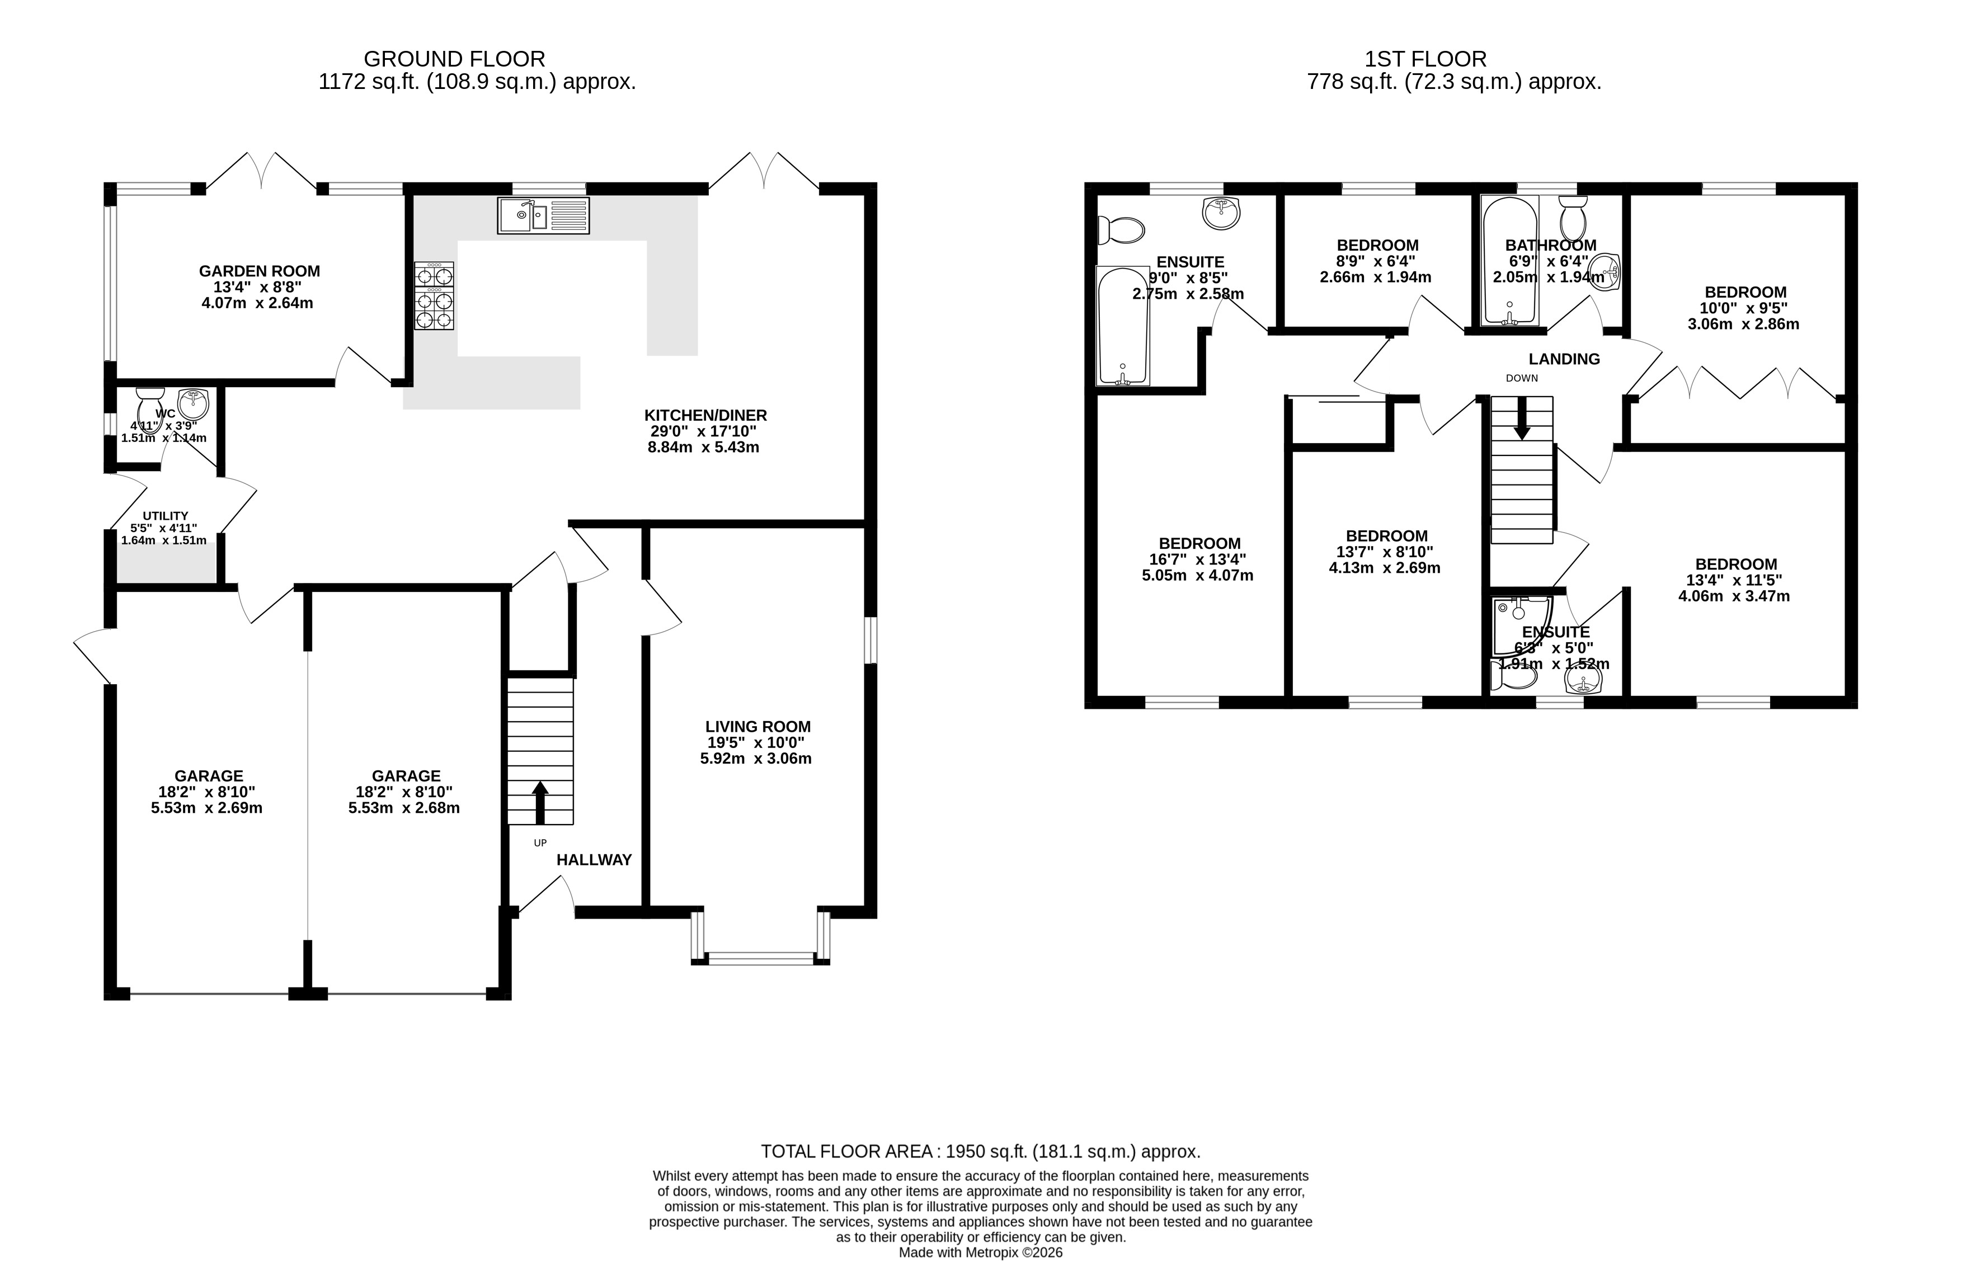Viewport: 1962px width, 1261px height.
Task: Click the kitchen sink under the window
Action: pos(543,215)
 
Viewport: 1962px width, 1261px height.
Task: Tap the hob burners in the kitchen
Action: pos(434,295)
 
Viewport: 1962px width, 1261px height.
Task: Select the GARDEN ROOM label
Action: pos(260,271)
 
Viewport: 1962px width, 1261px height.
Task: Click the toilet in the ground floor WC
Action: pos(150,406)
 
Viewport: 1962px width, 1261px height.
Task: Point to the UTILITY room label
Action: pos(166,516)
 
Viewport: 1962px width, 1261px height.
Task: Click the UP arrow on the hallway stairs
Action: pos(540,802)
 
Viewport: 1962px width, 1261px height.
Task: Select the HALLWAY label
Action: pos(594,860)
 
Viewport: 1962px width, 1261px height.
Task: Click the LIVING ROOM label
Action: pos(757,726)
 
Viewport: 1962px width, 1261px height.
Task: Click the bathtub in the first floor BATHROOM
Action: pos(1510,260)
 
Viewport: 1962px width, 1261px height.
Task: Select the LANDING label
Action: pos(1564,359)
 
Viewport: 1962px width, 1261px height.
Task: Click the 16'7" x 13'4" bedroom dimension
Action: pos(1197,559)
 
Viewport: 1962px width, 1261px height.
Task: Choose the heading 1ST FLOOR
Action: pos(1425,59)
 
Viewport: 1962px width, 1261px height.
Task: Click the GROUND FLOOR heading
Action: pos(454,59)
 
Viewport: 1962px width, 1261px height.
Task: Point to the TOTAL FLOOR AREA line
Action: pos(980,1151)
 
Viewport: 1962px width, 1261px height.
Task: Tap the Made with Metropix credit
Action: pos(980,1252)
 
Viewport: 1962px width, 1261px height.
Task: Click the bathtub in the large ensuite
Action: pos(1123,325)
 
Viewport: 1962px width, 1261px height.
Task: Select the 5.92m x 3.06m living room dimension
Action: pos(755,758)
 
